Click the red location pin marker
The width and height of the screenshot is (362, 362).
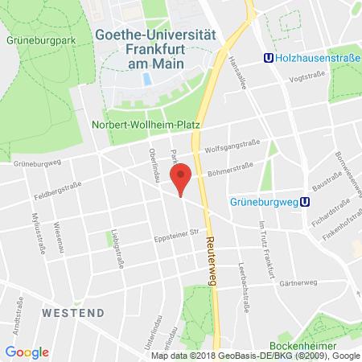[182, 178]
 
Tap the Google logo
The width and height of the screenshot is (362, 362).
[27, 352]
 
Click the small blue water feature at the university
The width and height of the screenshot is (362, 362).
[146, 79]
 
